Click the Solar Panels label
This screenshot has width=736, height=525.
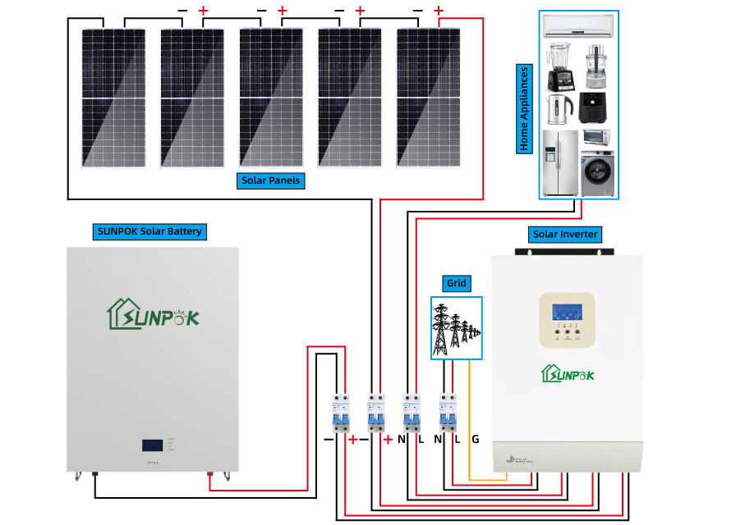271,180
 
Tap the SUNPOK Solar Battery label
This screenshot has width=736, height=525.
149,231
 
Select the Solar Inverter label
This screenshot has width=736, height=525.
565,235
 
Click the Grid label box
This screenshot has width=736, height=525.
456,284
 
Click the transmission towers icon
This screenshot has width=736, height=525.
456,328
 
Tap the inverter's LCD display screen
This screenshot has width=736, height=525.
567,314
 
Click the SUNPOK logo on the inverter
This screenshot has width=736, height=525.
567,375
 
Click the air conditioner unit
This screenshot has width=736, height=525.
578,26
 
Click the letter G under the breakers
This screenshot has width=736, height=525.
475,440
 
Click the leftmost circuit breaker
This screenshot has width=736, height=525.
338,413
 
